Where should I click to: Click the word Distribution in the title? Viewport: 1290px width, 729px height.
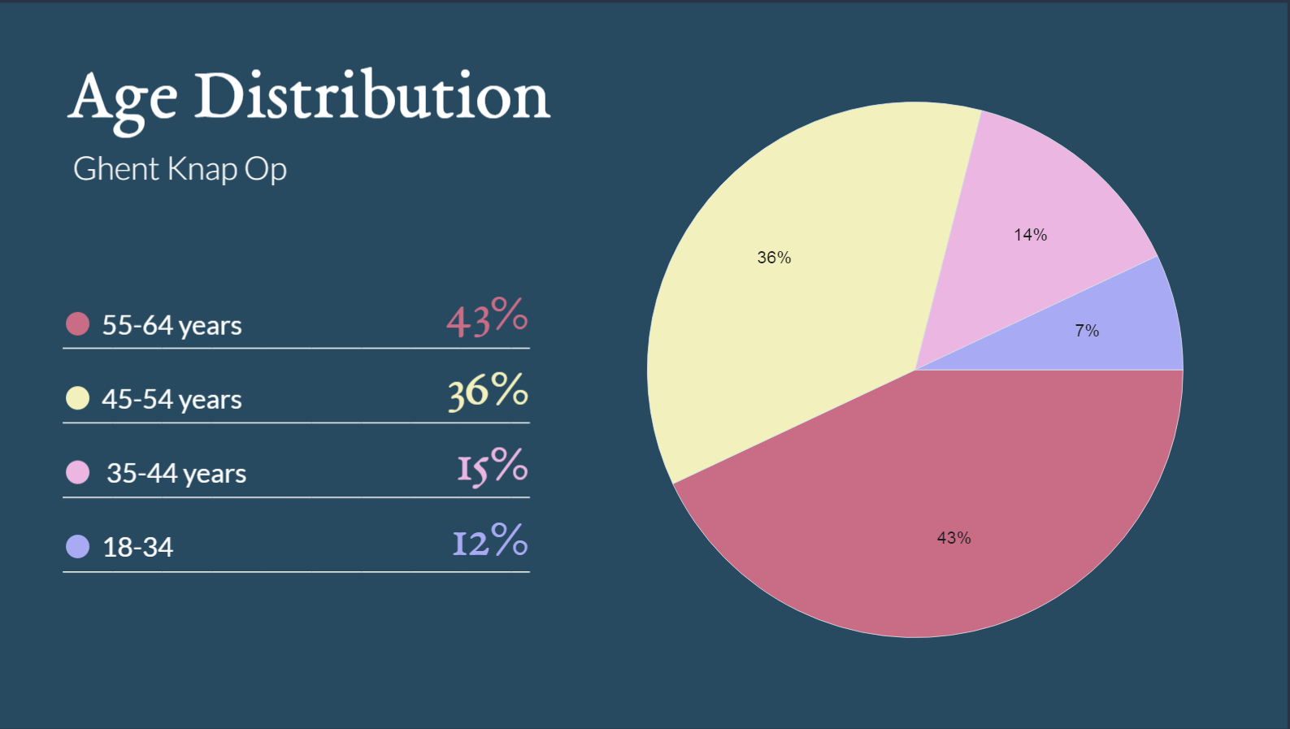click(371, 96)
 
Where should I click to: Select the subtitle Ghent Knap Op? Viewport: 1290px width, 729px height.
click(180, 169)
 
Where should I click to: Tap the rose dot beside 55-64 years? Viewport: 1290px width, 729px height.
click(77, 323)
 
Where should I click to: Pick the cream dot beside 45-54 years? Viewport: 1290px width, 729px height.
click(77, 398)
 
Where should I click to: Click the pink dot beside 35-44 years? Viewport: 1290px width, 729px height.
click(77, 472)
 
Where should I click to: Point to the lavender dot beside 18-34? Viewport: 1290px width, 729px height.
click(77, 546)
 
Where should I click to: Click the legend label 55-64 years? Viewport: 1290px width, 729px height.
click(172, 325)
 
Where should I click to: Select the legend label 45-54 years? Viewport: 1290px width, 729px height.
click(172, 399)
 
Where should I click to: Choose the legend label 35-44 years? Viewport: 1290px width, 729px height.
click(176, 473)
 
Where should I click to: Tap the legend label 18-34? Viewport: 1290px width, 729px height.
click(137, 547)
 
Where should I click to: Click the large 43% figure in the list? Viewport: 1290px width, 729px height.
click(487, 317)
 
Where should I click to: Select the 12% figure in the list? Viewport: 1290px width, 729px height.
click(490, 540)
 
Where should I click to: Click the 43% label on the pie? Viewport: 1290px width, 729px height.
click(953, 538)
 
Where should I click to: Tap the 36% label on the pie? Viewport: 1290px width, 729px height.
click(774, 258)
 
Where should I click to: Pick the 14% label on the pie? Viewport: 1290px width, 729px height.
click(1030, 235)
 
